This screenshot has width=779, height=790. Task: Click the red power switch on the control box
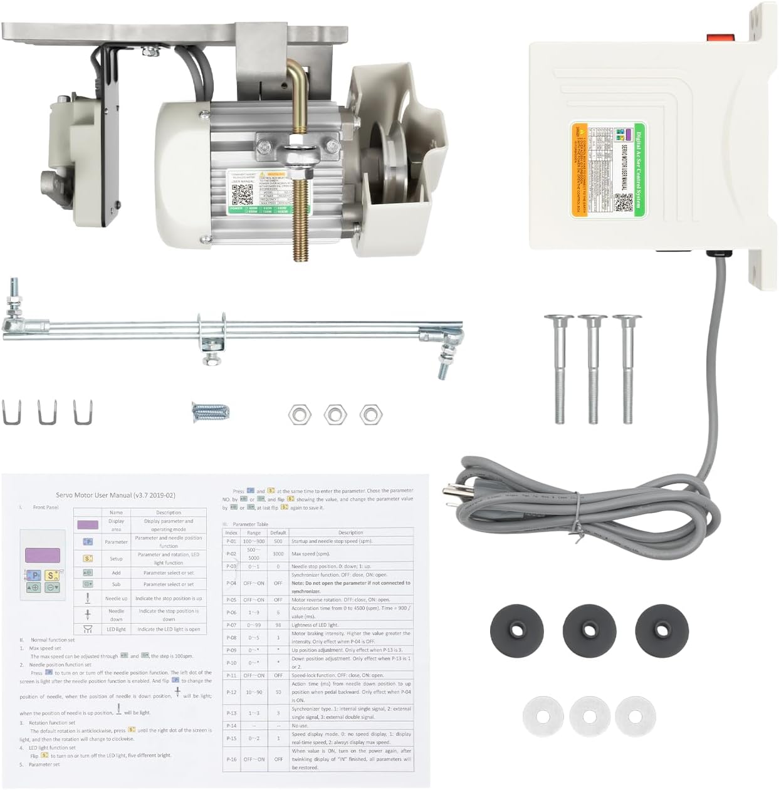719,38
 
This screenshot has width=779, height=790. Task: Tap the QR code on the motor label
241,194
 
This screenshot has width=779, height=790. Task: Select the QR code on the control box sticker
622,204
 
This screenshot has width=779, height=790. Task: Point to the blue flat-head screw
211,412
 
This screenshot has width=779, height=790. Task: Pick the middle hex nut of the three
335,414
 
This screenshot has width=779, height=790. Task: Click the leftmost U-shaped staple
11,412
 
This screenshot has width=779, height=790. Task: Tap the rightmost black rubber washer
661,631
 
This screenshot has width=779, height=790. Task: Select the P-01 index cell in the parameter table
231,541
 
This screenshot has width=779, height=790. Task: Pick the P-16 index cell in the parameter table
231,759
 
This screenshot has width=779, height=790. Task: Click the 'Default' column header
278,533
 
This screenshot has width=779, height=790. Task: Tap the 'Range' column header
253,533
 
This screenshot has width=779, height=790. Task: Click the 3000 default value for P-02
278,554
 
